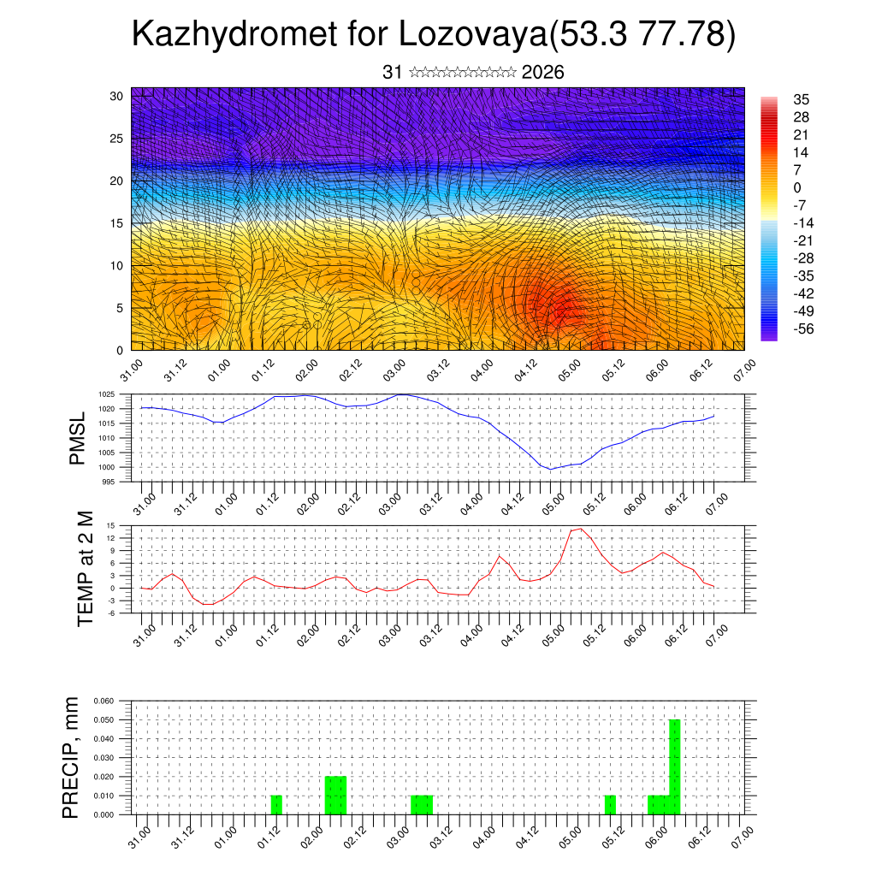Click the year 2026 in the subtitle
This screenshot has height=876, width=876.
tap(542, 73)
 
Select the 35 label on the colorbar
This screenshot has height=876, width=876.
tap(802, 100)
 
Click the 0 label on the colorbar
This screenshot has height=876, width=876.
tap(797, 187)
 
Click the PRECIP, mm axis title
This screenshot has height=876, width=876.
tap(72, 758)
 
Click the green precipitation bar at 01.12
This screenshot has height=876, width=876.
tap(276, 805)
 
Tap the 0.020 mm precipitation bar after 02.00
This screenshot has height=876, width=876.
tap(336, 795)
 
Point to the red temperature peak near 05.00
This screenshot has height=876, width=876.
tap(581, 529)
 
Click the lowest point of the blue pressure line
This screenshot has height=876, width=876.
tap(552, 469)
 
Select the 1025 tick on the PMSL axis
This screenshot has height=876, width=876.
tap(107, 394)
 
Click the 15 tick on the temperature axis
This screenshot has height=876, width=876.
tap(111, 525)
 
